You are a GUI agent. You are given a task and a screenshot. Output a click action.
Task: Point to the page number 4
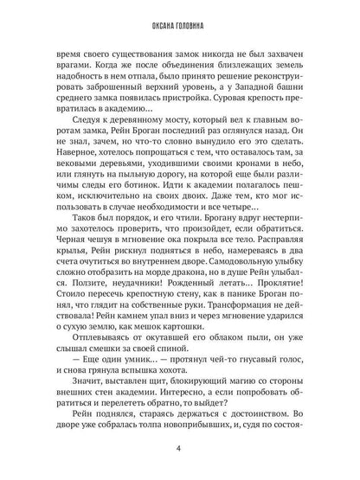pyautogui.click(x=178, y=449)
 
